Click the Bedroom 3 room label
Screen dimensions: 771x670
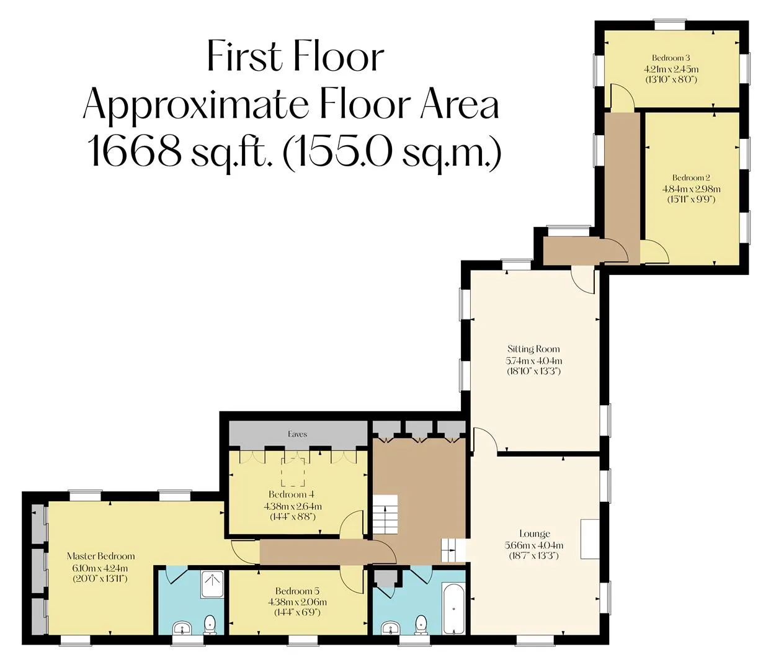tap(671, 58)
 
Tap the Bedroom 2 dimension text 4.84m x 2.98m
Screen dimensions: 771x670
tap(691, 189)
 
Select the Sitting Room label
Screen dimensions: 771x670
tap(533, 349)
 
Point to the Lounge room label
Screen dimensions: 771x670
tap(534, 534)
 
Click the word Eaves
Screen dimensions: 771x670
tap(297, 434)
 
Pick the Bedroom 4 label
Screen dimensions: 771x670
tap(292, 494)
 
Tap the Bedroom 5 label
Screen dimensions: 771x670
tap(297, 591)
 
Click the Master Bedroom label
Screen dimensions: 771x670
tap(100, 556)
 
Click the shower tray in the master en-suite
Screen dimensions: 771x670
tap(212, 584)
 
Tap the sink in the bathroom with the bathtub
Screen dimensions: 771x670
tap(390, 628)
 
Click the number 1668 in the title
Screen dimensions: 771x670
tap(133, 151)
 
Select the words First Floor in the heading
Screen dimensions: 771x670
tap(295, 56)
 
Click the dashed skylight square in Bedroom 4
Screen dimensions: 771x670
tap(293, 472)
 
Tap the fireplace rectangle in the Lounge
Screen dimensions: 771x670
tap(590, 539)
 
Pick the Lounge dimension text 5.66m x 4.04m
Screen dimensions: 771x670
tap(533, 545)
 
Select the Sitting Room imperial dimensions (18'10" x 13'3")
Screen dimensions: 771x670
tap(533, 371)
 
